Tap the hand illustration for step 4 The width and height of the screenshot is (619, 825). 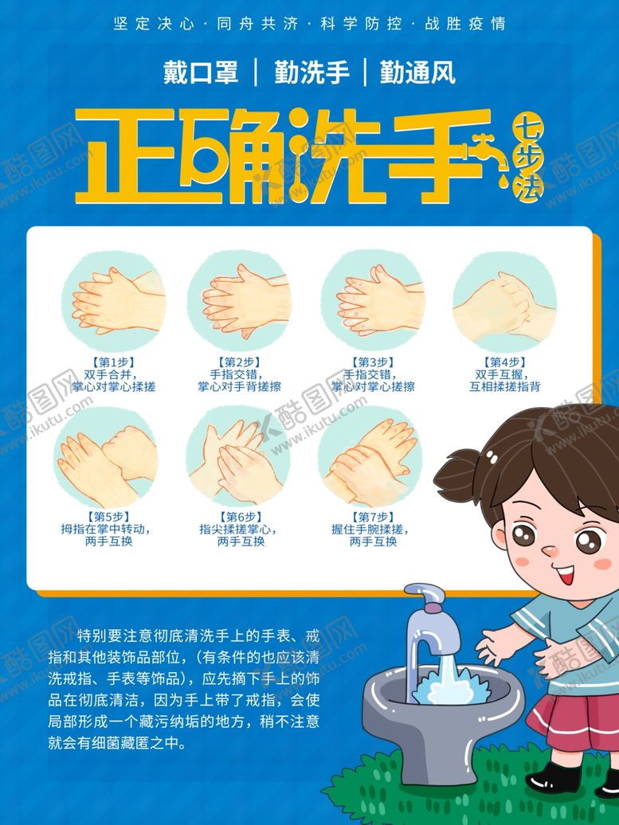click(x=504, y=303)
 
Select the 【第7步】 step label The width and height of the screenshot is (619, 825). click(x=373, y=516)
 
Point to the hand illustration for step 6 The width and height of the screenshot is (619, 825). click(x=237, y=456)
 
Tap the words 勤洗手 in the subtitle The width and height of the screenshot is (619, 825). click(x=311, y=73)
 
